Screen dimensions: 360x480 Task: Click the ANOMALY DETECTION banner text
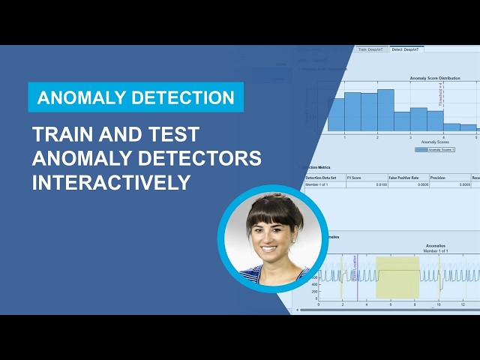click(136, 97)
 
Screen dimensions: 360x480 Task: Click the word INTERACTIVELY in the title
click(111, 182)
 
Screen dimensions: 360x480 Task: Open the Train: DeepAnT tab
click(372, 49)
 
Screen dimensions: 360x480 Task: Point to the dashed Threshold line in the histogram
click(444, 105)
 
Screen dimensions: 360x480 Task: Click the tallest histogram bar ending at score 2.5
click(385, 111)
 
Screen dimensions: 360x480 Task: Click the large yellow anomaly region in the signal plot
click(397, 277)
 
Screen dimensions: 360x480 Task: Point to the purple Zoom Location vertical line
click(357, 277)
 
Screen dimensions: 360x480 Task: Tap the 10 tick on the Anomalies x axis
click(439, 305)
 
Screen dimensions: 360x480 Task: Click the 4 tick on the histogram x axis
click(443, 137)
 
